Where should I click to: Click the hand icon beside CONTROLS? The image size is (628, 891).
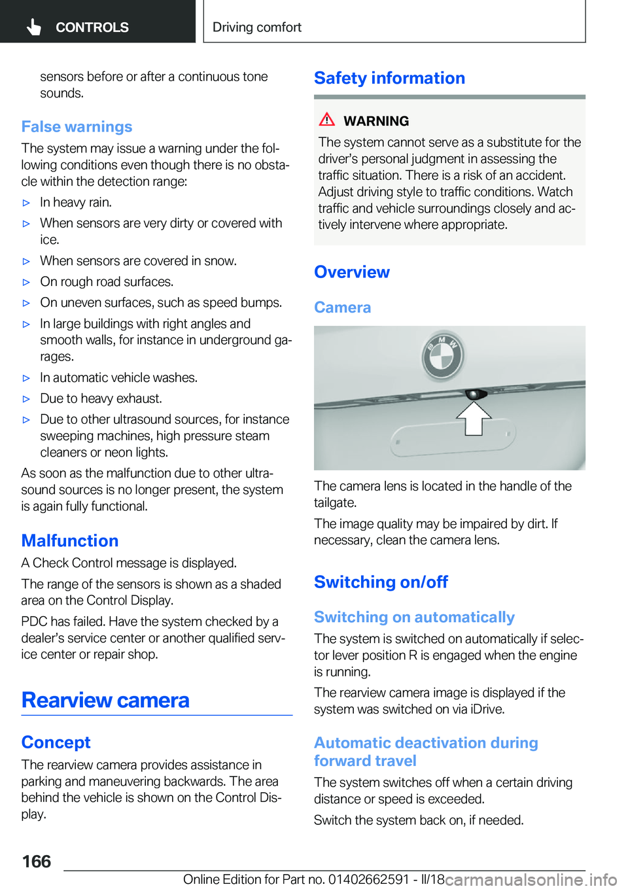click(x=34, y=27)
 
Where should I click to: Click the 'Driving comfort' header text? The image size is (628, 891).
click(x=257, y=27)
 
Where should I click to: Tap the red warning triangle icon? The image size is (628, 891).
click(x=327, y=119)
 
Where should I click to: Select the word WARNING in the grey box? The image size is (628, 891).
click(x=376, y=121)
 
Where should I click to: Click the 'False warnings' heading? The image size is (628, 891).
click(x=77, y=127)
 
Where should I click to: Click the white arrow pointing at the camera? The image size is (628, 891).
click(x=474, y=418)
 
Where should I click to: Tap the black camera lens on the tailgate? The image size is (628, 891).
click(x=473, y=394)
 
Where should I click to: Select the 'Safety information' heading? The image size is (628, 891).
click(x=389, y=79)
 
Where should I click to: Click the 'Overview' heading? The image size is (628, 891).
click(x=352, y=272)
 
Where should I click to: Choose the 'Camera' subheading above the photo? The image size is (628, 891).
click(x=342, y=307)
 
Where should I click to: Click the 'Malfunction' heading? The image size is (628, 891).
click(x=70, y=541)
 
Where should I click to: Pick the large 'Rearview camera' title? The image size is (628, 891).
click(x=105, y=701)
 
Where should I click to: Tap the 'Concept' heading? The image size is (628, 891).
click(x=56, y=742)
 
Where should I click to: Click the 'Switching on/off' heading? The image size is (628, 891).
click(x=381, y=582)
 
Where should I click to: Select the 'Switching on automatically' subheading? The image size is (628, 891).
click(x=414, y=618)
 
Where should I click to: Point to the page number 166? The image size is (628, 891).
click(x=37, y=862)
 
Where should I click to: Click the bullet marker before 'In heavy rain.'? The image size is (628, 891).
click(x=26, y=203)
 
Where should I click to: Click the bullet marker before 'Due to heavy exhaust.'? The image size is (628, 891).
click(x=26, y=399)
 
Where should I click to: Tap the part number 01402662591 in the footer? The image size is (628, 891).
click(x=368, y=879)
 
